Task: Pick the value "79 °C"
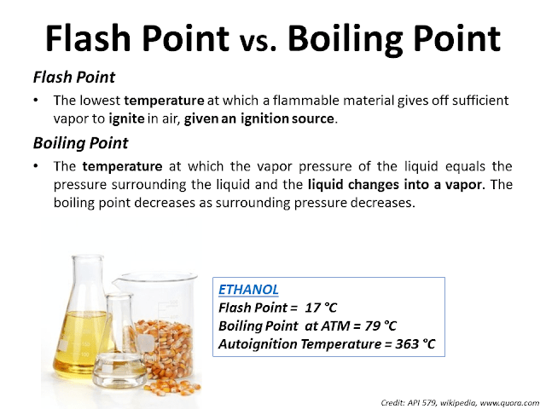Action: coord(376,325)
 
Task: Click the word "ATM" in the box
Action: coord(326,325)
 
